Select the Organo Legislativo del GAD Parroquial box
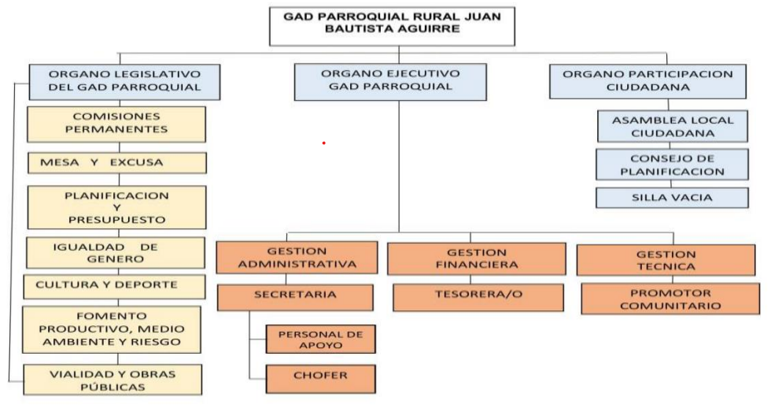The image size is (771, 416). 124,81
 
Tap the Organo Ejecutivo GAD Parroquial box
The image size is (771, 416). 389,80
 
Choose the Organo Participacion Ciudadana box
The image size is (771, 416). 647,80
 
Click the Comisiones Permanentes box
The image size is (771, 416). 116,124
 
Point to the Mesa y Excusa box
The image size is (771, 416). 116,163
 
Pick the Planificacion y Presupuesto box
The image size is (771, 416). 116,207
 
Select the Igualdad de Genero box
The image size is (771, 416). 116,253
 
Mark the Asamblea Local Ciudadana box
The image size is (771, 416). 672,126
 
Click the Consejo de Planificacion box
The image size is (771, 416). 672,165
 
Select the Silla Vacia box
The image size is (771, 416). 672,198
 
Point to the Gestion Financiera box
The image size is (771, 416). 476,258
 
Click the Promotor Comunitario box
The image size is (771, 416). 670,299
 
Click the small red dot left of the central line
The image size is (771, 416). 323,143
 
